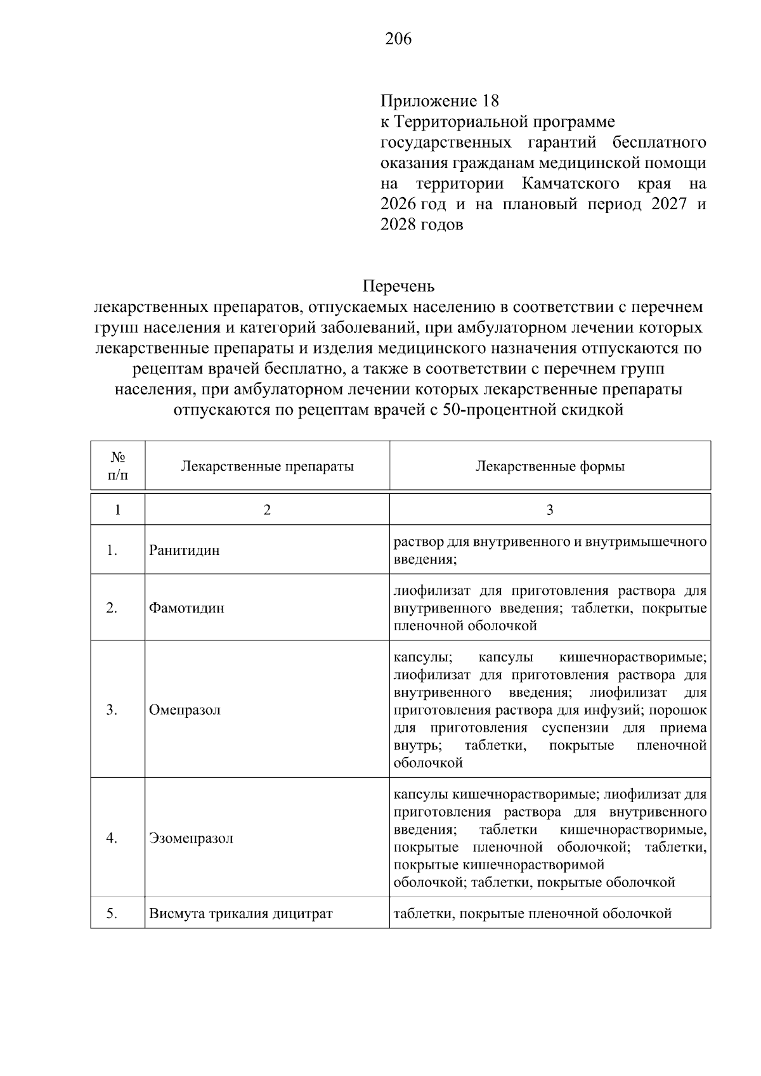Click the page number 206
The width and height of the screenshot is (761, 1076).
(398, 39)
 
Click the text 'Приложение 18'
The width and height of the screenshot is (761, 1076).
(439, 101)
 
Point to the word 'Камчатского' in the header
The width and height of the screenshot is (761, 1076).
(571, 184)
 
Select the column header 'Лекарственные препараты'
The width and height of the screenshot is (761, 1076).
(267, 467)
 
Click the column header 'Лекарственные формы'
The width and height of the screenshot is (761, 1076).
(549, 467)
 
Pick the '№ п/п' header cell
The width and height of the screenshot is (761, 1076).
(118, 466)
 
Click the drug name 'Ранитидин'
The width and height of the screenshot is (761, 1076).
(185, 550)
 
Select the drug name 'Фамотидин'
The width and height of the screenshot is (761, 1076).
(186, 608)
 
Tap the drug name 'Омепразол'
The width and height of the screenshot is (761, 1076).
(185, 710)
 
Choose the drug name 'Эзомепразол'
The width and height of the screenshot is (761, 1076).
(191, 838)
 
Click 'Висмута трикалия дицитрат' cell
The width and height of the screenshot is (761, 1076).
(241, 914)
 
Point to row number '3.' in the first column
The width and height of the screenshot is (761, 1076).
(112, 710)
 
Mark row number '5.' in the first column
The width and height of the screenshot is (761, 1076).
(112, 914)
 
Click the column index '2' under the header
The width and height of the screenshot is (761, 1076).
(267, 510)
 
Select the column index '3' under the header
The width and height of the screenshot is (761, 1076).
(549, 510)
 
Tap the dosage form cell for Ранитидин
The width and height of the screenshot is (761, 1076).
(549, 550)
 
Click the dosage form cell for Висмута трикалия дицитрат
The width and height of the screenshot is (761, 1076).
(532, 914)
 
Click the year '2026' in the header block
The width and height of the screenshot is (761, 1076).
(398, 204)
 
